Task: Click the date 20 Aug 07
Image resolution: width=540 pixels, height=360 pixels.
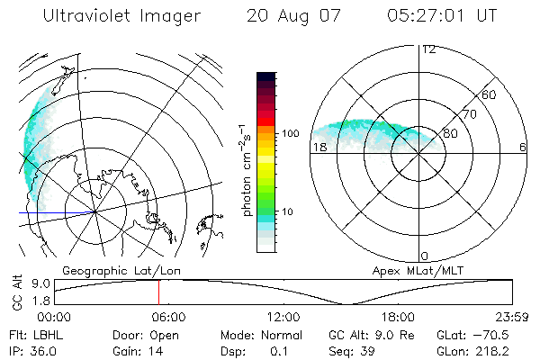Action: pyautogui.click(x=288, y=17)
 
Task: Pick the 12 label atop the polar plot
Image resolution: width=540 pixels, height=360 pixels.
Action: pyautogui.click(x=428, y=49)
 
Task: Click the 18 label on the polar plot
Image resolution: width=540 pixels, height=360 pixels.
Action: pyautogui.click(x=319, y=148)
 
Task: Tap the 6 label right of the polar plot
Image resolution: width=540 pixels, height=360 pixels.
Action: pyautogui.click(x=522, y=148)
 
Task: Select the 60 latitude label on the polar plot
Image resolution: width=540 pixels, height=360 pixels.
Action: pyautogui.click(x=490, y=94)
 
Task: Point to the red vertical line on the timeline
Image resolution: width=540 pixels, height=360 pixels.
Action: pyautogui.click(x=158, y=292)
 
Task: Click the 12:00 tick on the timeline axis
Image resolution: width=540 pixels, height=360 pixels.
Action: pyautogui.click(x=283, y=317)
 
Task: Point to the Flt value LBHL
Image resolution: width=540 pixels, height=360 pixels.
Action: pyautogui.click(x=40, y=334)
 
